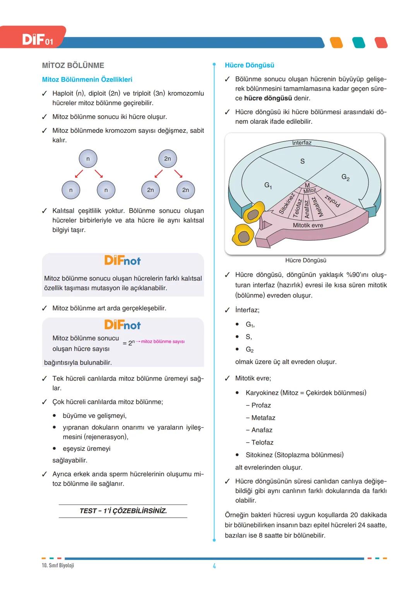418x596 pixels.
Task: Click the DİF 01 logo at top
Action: coord(37,40)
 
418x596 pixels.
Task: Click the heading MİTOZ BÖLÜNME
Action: coord(73,65)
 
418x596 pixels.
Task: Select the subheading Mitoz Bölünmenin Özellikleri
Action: coord(87,79)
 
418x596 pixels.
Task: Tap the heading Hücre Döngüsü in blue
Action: coord(249,65)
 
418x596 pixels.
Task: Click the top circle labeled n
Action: coord(88,159)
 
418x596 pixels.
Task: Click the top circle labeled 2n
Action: coord(167,159)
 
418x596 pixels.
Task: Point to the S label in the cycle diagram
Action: coord(302,161)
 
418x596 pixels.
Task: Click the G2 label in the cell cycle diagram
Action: coord(345,177)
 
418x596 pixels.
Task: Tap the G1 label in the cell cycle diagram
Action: coord(268,185)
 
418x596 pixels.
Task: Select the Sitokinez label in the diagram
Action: coord(287,203)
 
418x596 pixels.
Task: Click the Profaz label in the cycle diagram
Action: coord(332,200)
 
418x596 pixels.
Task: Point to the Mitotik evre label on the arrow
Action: coord(308,225)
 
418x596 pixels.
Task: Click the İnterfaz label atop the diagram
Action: coord(302,143)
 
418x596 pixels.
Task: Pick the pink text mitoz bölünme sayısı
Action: coord(163,342)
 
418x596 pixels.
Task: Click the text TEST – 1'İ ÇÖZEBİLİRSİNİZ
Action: coord(123,511)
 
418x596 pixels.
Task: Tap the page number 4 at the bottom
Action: coord(214,566)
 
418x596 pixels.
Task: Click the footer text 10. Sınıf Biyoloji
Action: coord(58,565)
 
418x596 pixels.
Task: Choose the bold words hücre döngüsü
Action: coord(268,98)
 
